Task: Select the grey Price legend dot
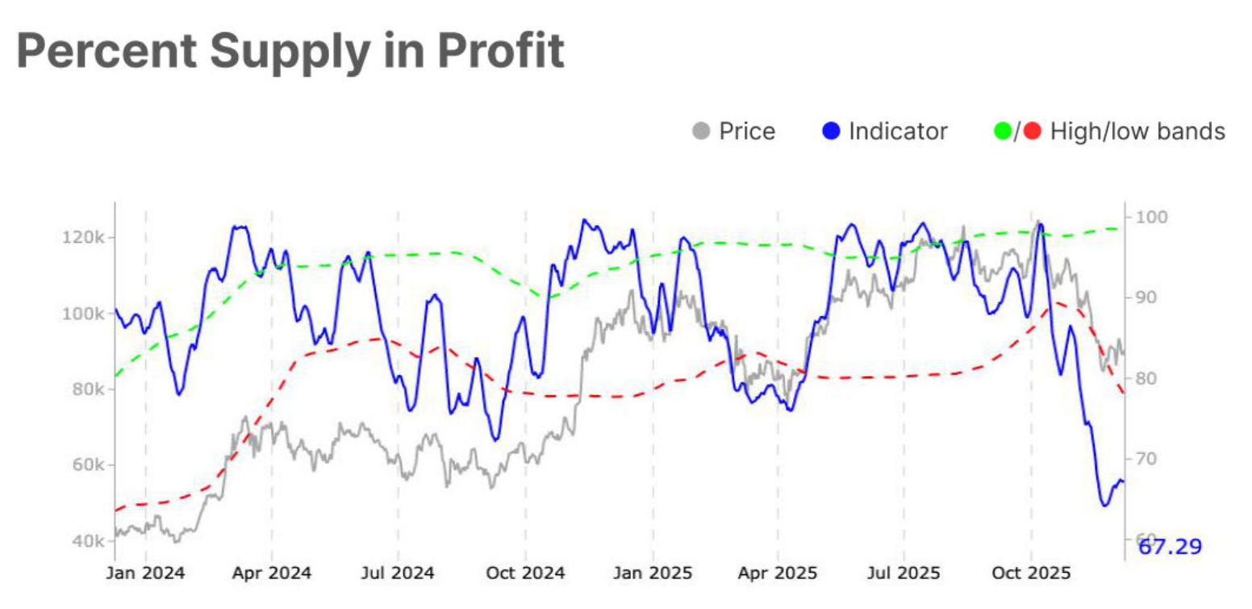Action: [x=702, y=131]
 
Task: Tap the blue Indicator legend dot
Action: [x=833, y=131]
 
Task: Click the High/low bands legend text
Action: [x=1137, y=131]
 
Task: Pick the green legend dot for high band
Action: [x=1003, y=131]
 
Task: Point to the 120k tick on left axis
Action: [x=81, y=237]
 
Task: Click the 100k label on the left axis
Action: [x=81, y=313]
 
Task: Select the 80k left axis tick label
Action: [x=84, y=389]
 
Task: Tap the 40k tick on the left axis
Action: [x=84, y=540]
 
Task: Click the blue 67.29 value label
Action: [x=1169, y=547]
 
